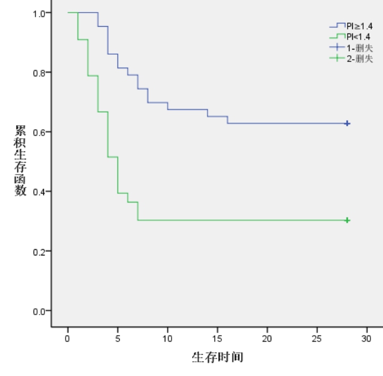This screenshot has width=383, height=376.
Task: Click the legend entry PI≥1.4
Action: coord(359,26)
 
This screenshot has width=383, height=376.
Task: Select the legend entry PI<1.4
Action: coord(359,37)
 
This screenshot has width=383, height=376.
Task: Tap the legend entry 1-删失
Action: coord(360,47)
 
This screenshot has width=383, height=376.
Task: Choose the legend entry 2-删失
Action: coord(360,58)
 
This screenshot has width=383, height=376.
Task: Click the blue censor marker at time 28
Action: coord(347,123)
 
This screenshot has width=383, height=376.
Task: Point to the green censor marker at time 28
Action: coord(347,220)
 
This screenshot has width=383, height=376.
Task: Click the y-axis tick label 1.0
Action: coord(39,13)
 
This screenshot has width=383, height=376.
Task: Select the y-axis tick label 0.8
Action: coord(39,73)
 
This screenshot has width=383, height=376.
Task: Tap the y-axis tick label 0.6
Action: coord(39,132)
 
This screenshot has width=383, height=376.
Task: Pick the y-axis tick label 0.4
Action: coord(39,192)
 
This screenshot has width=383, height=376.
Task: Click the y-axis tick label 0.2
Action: coord(39,251)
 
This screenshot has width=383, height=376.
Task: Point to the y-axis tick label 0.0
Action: coord(39,311)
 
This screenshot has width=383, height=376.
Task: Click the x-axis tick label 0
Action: coord(68,338)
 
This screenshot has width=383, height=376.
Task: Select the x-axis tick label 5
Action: coord(117,338)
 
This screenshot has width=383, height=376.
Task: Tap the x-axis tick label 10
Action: coord(168,338)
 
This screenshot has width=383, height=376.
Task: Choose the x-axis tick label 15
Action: coord(217,338)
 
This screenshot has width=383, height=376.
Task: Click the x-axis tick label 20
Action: coord(267,338)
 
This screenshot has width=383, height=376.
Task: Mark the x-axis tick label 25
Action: coord(317,338)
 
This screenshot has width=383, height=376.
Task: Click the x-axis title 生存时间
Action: coord(217,357)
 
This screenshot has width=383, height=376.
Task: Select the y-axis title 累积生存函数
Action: coord(21,160)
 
